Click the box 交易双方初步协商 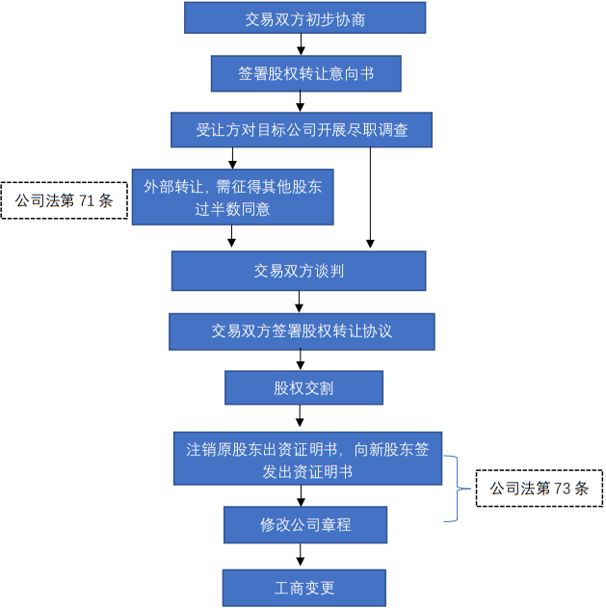(304, 17)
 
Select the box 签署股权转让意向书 (304, 72)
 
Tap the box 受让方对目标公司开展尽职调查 (302, 129)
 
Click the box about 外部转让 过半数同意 (232, 197)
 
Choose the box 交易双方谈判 (299, 271)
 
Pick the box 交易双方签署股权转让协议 (302, 330)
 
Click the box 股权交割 (303, 387)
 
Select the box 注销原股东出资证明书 (307, 459)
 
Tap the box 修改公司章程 (305, 525)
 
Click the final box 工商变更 (303, 587)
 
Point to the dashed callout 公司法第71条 (65, 201)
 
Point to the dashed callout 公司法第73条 (540, 488)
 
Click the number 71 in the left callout (88, 201)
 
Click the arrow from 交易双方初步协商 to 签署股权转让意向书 (302, 44)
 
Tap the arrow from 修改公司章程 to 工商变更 (302, 556)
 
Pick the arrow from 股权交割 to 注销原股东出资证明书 (302, 417)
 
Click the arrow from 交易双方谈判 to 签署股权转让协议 (302, 302)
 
